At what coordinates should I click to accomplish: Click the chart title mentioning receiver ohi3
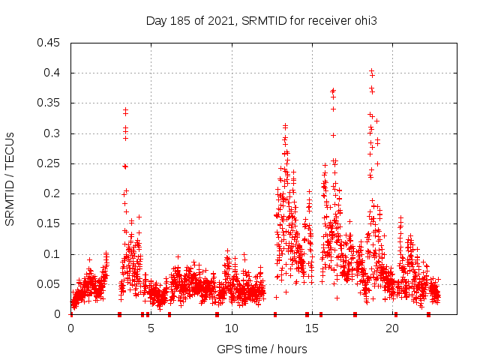tap(261, 20)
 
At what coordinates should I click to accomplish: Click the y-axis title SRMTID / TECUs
tap(10, 178)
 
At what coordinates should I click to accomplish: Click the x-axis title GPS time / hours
tap(262, 349)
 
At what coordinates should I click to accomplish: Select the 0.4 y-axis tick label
tap(52, 73)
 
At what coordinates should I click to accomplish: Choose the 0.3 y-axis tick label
tap(52, 133)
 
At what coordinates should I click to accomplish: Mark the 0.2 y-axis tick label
tap(52, 193)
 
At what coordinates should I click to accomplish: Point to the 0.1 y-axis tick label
tap(52, 254)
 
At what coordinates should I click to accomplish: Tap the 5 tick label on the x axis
tap(151, 328)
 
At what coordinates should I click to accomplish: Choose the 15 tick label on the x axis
tap(311, 328)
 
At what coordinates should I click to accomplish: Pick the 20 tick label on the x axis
tap(391, 328)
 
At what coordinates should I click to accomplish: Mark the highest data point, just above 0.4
tap(371, 70)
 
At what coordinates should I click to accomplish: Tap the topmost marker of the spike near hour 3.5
tap(125, 109)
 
